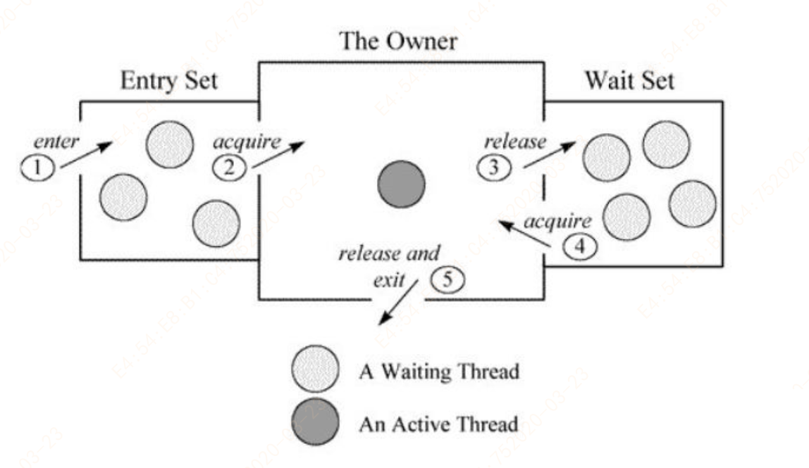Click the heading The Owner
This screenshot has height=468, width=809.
pos(399,42)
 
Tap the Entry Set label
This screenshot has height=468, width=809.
pos(169,81)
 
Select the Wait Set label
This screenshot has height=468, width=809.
pos(629,81)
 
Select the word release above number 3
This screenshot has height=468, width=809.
pos(515,141)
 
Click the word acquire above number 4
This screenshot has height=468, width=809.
pos(557,223)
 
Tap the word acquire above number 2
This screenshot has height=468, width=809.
pos(247,142)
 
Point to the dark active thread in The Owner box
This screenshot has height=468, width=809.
pos(401,185)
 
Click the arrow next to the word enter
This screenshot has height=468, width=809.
pos(86,155)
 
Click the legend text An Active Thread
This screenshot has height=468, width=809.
pos(438,424)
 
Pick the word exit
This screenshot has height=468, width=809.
pos(389,281)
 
